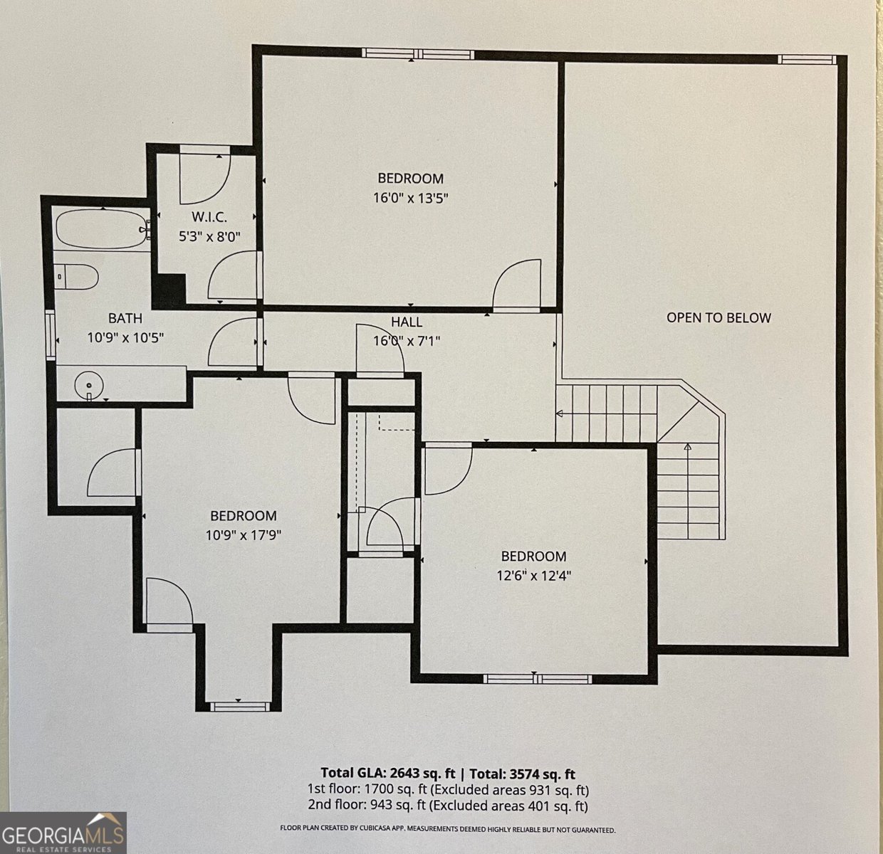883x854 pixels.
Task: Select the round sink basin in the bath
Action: point(89,385)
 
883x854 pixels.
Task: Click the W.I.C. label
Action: point(209,217)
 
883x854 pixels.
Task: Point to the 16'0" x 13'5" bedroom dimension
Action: point(411,198)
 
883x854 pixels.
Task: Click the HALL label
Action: point(407,322)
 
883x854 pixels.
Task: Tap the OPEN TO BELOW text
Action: point(719,317)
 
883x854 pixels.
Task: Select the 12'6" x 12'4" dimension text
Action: point(533,576)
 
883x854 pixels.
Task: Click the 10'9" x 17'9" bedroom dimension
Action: point(244,535)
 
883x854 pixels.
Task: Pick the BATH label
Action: point(125,318)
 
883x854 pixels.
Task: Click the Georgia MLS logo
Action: point(63,833)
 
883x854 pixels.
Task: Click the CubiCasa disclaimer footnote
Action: point(447,830)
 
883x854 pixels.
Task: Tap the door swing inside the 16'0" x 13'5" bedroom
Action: point(517,285)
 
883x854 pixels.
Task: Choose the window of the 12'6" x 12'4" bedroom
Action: point(537,679)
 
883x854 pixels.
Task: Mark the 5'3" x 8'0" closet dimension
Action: point(209,237)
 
